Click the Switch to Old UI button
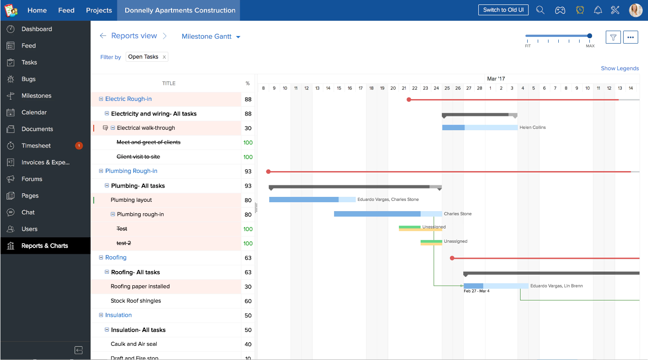click(503, 10)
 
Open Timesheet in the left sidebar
click(36, 146)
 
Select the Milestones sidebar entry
click(36, 96)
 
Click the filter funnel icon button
click(613, 37)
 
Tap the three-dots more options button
click(630, 37)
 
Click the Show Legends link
click(620, 68)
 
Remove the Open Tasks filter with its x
click(164, 57)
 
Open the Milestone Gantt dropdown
click(211, 36)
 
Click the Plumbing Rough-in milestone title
click(131, 171)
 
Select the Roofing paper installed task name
click(140, 287)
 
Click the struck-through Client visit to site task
click(138, 157)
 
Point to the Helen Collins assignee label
click(533, 128)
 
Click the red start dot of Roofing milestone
click(452, 258)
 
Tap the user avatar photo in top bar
click(636, 10)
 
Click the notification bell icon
click(598, 10)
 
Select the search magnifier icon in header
click(540, 10)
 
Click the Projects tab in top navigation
click(99, 10)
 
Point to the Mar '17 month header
click(496, 79)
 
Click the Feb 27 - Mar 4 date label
click(477, 291)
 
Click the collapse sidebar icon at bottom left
click(79, 350)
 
